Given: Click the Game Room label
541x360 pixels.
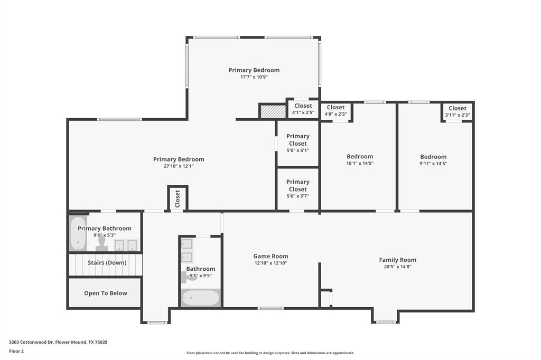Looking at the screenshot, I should click(x=270, y=256).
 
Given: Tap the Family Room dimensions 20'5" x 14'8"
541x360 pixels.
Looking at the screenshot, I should click(x=397, y=267).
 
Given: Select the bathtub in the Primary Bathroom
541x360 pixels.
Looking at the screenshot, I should click(x=78, y=233).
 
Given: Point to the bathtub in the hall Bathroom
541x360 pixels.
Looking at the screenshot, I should click(x=200, y=298).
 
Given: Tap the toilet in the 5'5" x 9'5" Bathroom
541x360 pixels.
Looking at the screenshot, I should click(x=189, y=276).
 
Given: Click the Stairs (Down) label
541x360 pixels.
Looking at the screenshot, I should click(x=107, y=262).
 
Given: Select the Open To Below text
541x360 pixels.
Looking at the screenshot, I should click(x=105, y=293).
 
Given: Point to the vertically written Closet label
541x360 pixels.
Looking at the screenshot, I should click(x=178, y=198).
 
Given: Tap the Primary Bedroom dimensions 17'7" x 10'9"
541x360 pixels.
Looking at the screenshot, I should click(x=254, y=77).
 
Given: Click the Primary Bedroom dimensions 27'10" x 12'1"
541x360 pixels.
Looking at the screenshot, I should click(x=179, y=166).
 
